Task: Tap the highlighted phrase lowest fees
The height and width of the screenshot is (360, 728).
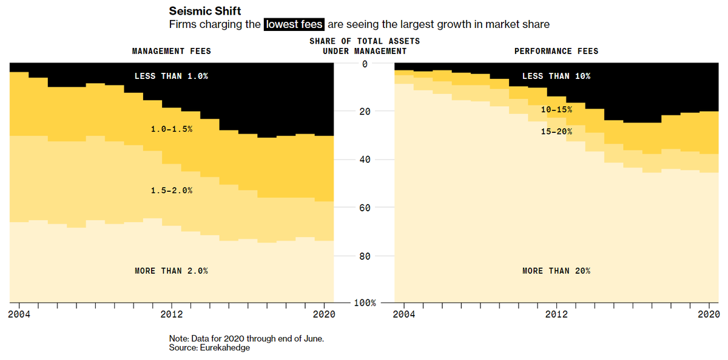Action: click(294, 25)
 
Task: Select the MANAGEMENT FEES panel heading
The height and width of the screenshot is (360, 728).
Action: click(172, 51)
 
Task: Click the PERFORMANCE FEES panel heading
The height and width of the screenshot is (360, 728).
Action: click(556, 51)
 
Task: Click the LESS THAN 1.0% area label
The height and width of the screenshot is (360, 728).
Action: click(171, 76)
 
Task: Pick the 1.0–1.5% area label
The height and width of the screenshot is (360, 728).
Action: click(172, 129)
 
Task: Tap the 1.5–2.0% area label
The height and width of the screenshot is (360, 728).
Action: click(172, 191)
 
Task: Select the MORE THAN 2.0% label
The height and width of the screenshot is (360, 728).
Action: click(171, 271)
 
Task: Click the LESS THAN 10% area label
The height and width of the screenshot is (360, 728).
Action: click(556, 76)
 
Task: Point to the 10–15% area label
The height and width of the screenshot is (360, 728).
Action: click(556, 110)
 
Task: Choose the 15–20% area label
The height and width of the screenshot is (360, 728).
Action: click(556, 131)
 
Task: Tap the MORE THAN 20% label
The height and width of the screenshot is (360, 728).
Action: click(556, 271)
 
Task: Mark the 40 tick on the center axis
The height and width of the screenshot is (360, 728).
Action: click(365, 160)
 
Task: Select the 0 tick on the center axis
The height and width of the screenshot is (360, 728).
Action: click(365, 64)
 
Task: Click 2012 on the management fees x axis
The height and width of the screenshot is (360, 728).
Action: click(172, 314)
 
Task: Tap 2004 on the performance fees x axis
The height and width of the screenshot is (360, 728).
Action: click(404, 314)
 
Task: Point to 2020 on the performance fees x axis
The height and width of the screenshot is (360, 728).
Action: click(709, 314)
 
